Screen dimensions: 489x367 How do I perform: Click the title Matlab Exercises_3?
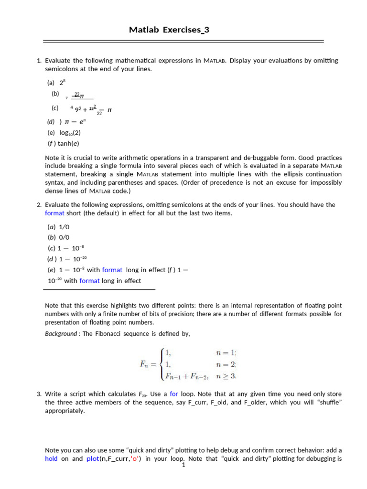(x=169, y=30)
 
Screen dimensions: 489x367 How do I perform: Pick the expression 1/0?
(x=65, y=227)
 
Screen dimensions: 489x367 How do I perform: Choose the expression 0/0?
(x=65, y=237)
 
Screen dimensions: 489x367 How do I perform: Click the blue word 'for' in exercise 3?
(x=174, y=394)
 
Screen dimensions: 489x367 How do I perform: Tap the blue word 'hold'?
(x=51, y=458)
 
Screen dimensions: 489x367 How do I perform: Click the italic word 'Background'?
(x=61, y=333)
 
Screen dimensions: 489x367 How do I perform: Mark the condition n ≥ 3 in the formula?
(x=226, y=376)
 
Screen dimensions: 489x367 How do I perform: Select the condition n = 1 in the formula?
(x=226, y=353)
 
